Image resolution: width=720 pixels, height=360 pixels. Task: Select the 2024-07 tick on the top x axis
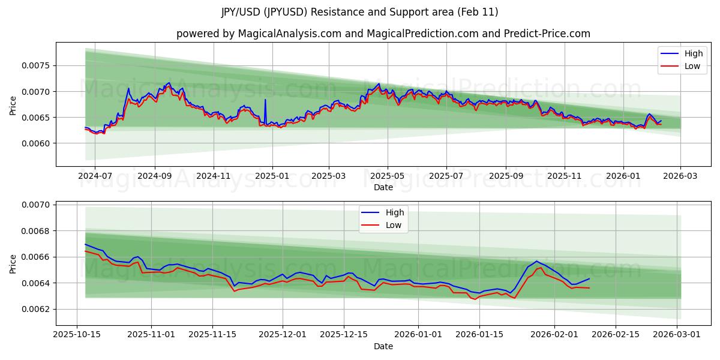96,176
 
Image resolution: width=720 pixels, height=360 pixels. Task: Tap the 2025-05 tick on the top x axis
387,176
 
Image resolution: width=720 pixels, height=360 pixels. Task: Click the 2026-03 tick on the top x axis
680,176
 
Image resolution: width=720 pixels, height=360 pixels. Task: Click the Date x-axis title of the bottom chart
383,346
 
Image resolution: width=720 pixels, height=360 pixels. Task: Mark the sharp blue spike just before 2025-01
265,100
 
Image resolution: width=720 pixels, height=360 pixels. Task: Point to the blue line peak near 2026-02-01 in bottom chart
536,261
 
